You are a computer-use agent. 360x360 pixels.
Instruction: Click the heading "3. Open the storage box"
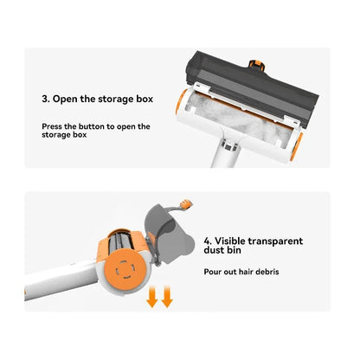[x=97, y=99]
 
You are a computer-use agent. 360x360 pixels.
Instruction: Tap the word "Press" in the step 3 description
[x=52, y=126]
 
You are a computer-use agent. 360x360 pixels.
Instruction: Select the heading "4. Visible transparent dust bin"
[x=254, y=246]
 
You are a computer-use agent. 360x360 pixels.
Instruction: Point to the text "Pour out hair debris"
[x=241, y=272]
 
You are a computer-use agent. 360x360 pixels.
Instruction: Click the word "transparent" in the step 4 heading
[x=275, y=241]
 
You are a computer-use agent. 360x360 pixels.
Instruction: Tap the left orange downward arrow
[x=152, y=296]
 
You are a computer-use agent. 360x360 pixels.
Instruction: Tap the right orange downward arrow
[x=167, y=296]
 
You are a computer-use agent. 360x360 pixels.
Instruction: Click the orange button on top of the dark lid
[x=257, y=65]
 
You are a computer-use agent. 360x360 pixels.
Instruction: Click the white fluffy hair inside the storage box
[x=241, y=119]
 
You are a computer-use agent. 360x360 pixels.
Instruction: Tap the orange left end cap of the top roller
[x=181, y=102]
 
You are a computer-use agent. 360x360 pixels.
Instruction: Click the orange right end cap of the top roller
[x=297, y=146]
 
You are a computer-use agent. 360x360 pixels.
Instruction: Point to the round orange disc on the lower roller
[x=125, y=270]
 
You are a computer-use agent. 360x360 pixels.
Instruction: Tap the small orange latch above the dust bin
[x=186, y=204]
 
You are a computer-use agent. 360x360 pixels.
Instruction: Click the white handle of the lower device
[x=61, y=280]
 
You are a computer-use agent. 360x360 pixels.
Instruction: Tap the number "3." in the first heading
[x=46, y=99]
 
